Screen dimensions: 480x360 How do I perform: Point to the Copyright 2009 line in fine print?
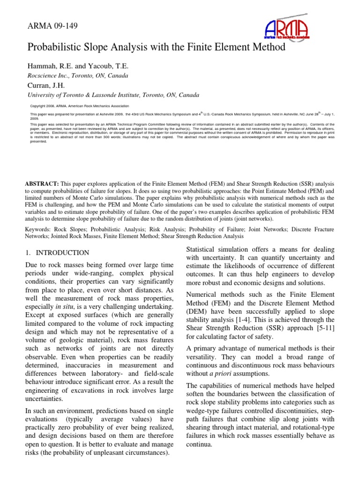(x=70, y=106)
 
